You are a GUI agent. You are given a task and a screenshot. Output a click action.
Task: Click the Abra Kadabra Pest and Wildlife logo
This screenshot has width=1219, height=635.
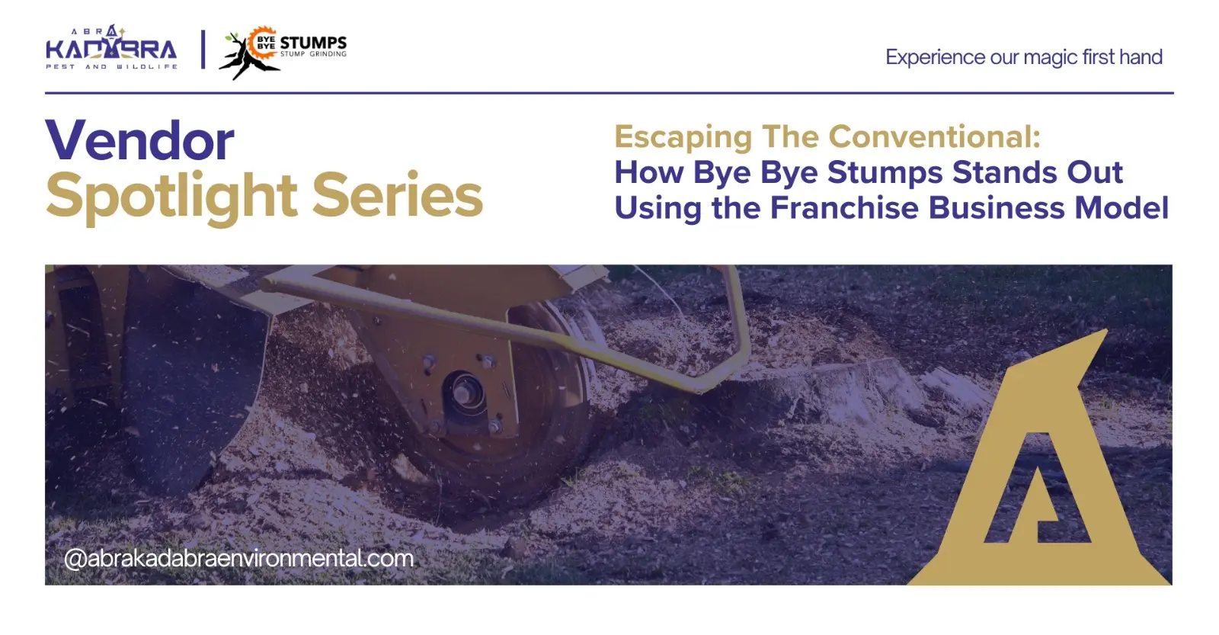[111, 47]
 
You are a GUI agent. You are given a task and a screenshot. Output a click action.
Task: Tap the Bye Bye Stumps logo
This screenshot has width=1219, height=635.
[283, 53]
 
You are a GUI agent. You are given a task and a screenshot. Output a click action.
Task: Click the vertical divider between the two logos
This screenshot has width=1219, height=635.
[203, 50]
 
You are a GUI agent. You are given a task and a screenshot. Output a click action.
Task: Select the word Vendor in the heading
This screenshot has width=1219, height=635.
[140, 140]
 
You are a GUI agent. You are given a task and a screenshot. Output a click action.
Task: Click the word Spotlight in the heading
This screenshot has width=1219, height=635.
[171, 197]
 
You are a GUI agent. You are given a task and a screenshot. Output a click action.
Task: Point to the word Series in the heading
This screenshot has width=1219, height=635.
[397, 195]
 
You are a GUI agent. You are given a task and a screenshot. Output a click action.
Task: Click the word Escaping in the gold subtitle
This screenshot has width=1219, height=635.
[683, 137]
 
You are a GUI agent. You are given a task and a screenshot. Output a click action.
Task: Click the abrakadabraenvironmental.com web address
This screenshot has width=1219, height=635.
[238, 558]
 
